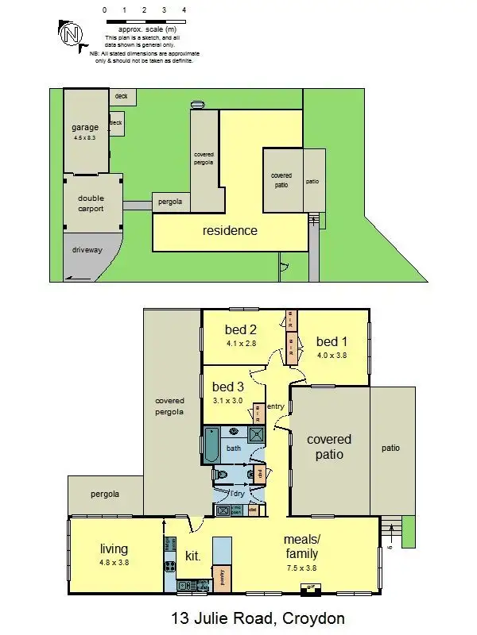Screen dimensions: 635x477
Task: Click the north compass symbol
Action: coord(72,33)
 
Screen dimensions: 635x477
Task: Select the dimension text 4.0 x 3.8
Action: coord(331,355)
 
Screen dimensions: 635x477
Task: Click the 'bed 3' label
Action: coord(227,387)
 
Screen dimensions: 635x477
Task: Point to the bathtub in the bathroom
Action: coord(211,445)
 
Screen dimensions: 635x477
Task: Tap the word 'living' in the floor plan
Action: coord(114,548)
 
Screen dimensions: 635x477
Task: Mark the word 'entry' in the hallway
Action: coord(276,406)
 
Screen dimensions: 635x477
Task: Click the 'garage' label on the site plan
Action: coord(84,127)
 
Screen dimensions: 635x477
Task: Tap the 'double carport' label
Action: coord(91,204)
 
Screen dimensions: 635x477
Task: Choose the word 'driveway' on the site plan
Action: coord(87,250)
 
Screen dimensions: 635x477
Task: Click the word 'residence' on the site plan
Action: coord(229,231)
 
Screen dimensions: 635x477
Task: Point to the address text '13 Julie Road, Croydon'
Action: coord(258,618)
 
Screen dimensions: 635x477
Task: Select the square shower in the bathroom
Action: coord(257,433)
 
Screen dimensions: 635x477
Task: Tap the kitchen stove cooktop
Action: coord(169,567)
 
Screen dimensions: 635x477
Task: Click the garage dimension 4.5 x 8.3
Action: coord(84,138)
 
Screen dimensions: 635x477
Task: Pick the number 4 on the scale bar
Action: coord(184,10)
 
